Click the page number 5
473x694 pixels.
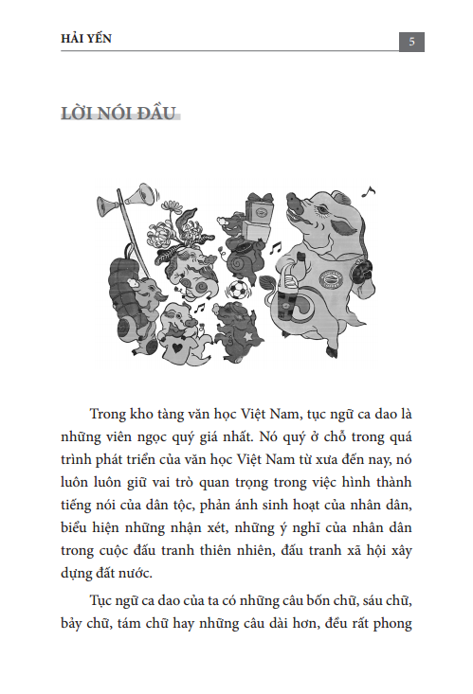(410, 41)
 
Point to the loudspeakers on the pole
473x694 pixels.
(134, 200)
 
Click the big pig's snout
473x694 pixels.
(296, 203)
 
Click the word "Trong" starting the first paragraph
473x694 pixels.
(110, 415)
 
